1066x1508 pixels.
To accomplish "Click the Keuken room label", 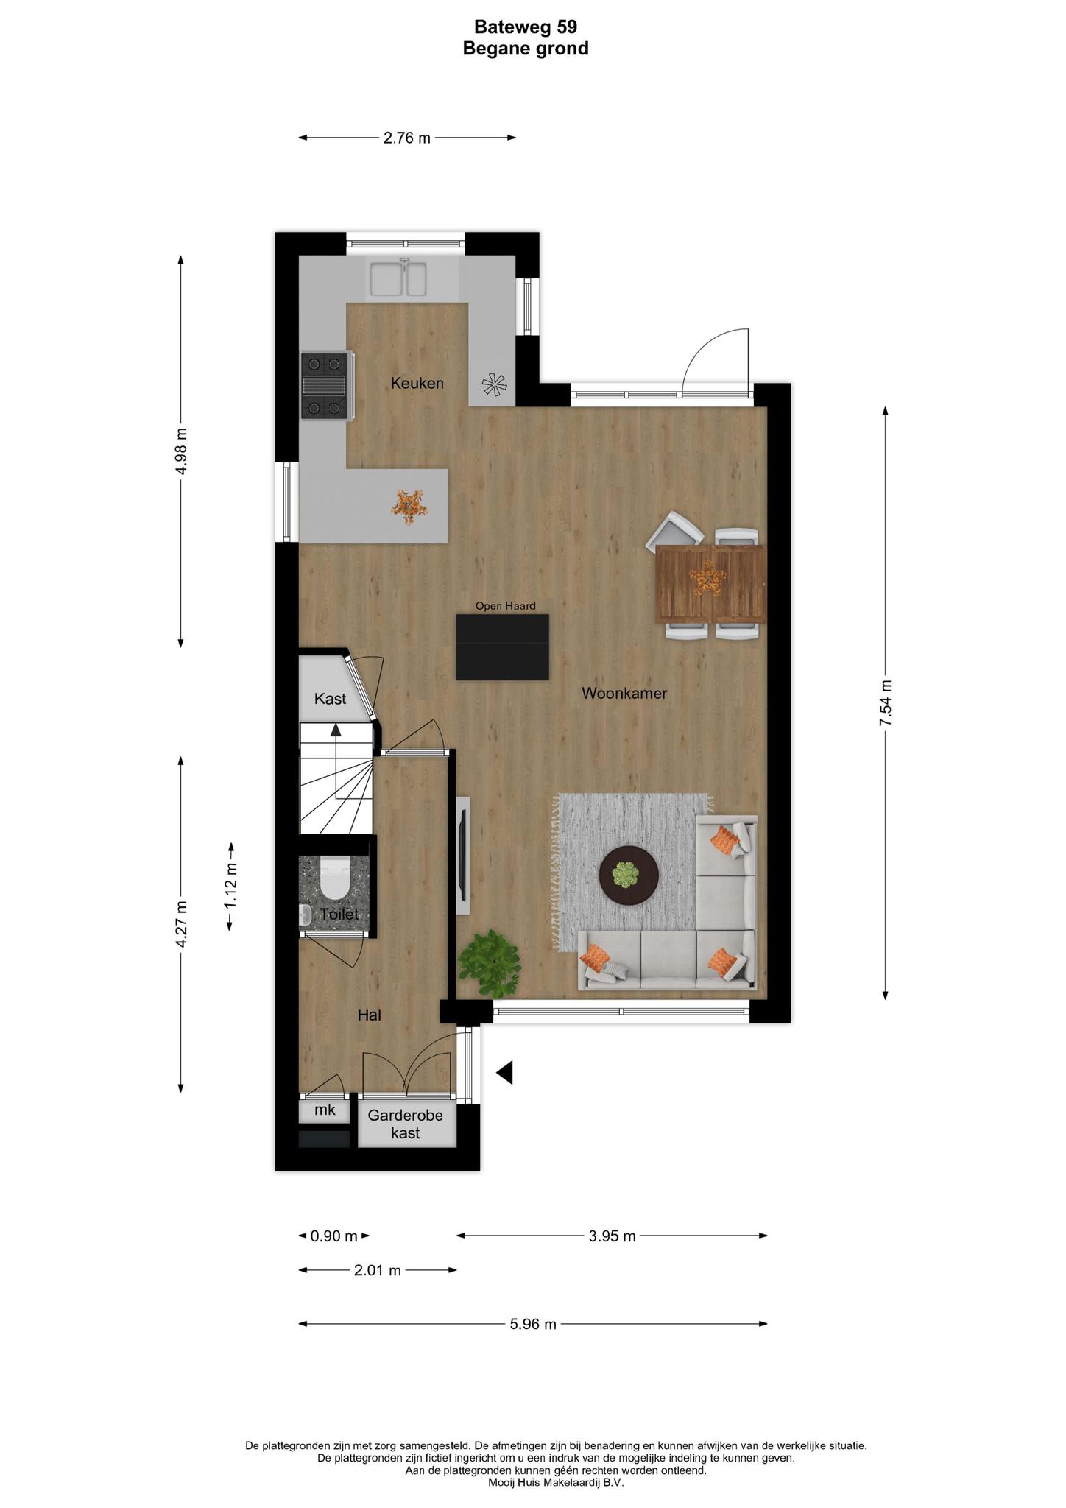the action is pyautogui.click(x=417, y=383).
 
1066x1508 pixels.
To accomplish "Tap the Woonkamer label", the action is pyautogui.click(x=624, y=693).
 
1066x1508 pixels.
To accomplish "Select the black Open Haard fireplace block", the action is pyautogui.click(x=503, y=647).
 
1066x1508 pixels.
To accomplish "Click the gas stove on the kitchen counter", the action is pyautogui.click(x=325, y=386).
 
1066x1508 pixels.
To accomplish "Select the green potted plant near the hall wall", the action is pyautogui.click(x=489, y=956).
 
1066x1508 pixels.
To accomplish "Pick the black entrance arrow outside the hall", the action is pyautogui.click(x=504, y=1073).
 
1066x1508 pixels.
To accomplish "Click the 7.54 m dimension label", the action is pyautogui.click(x=886, y=703).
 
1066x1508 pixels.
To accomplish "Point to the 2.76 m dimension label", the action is pyautogui.click(x=407, y=138).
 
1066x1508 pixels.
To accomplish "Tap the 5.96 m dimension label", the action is pyautogui.click(x=533, y=1324).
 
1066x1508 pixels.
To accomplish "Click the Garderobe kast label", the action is pyautogui.click(x=406, y=1124).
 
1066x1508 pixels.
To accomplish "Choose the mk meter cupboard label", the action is pyautogui.click(x=325, y=1110).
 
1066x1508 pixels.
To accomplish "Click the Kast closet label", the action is pyautogui.click(x=330, y=699).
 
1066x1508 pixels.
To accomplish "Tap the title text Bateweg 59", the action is pyautogui.click(x=526, y=27).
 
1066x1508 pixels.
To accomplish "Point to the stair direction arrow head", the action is pyautogui.click(x=336, y=730).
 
